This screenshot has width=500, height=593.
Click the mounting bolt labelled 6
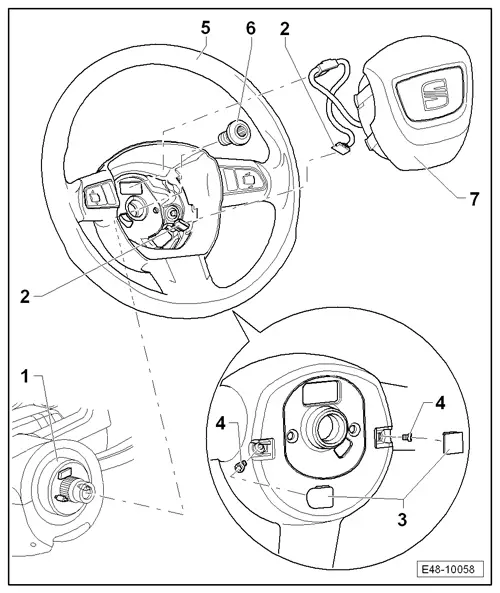[241, 131]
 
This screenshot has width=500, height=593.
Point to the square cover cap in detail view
[451, 440]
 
